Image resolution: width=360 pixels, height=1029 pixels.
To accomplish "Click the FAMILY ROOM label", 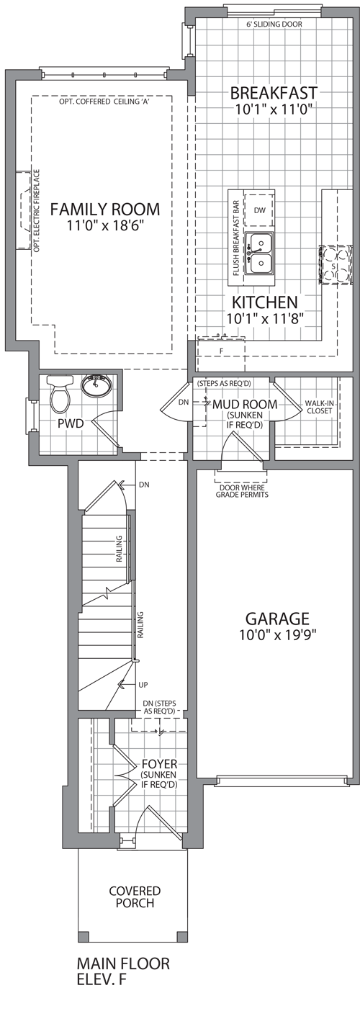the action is point(104,210).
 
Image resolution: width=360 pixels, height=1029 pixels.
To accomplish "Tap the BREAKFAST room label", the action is point(274,94).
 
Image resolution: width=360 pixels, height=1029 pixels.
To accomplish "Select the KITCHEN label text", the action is point(265,302).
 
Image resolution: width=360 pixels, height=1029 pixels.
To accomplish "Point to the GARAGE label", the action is point(277,619).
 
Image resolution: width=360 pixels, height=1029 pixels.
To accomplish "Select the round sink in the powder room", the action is point(96,385).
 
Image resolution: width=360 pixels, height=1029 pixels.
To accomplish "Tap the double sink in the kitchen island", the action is point(259,253).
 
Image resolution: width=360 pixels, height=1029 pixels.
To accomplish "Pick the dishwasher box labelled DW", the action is point(259,210).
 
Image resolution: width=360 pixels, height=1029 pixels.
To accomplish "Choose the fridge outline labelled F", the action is point(221,351).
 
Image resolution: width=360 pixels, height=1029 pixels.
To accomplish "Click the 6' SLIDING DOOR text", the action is point(274,24).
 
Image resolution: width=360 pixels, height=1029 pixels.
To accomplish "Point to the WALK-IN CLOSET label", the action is point(319,407).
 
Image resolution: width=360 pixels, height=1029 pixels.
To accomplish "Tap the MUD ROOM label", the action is point(245,404).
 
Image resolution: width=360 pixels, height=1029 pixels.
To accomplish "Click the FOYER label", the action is point(159,764).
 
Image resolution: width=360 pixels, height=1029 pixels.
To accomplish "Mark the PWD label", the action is point(71,423).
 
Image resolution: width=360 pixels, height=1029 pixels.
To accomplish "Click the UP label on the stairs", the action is point(143,685).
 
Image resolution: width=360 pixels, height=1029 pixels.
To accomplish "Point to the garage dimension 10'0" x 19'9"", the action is point(278,635).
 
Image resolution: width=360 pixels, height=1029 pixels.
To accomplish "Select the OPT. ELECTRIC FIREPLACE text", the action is point(37,211).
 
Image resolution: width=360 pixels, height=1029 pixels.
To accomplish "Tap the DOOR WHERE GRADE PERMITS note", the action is point(242,491).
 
